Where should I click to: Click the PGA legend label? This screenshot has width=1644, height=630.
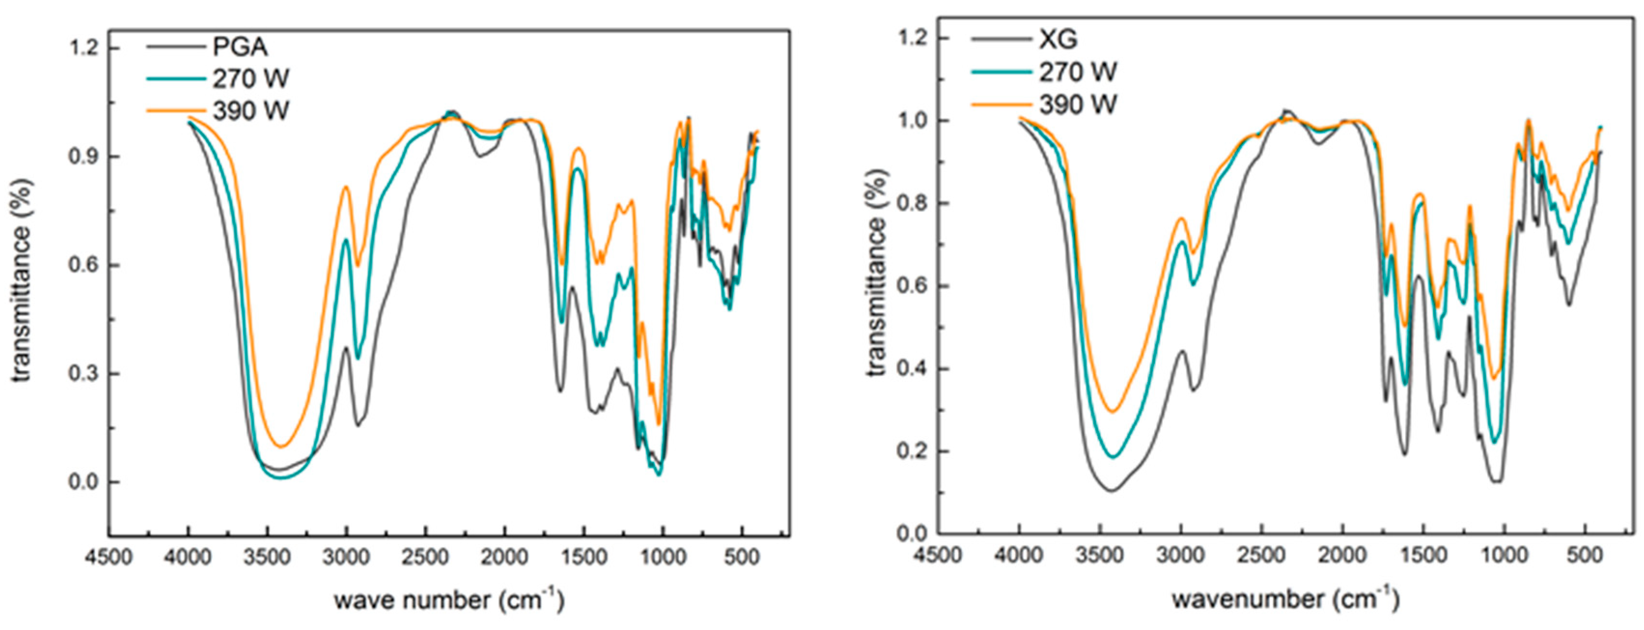point(240,47)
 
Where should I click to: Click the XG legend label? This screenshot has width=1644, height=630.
point(1058,40)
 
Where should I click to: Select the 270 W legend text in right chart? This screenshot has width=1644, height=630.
point(1078,72)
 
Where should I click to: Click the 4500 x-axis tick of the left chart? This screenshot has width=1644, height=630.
point(109,557)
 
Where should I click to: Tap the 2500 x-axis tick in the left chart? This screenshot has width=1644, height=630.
point(426,557)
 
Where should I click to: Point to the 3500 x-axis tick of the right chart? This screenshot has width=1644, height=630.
point(1100,555)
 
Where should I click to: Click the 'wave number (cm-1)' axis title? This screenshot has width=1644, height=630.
point(449,600)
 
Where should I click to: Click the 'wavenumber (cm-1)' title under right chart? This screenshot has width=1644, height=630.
point(1285,599)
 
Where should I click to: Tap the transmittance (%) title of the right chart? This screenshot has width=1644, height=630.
point(878,273)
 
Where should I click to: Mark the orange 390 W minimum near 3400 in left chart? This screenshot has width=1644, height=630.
point(279,446)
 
